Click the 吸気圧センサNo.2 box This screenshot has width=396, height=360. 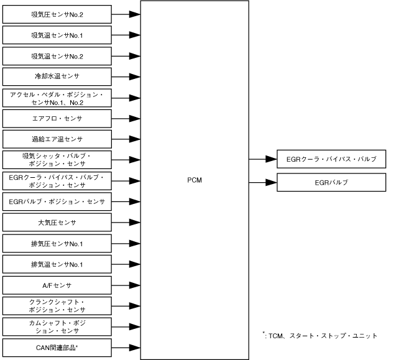57,13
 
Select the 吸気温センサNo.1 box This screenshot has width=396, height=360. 57,35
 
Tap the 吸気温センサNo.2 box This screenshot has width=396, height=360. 57,56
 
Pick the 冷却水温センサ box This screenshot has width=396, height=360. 57,76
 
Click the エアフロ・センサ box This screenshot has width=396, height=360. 57,118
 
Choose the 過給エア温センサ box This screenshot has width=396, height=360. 57,139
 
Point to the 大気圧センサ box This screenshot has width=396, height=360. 57,221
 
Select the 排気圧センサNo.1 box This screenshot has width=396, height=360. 57,242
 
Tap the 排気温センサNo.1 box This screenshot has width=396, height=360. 57,264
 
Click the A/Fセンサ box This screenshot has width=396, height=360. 57,285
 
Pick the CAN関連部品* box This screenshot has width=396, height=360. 57,347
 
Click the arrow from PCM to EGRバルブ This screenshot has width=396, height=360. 263,183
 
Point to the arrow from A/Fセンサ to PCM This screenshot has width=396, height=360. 126,285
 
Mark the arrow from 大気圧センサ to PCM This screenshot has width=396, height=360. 126,221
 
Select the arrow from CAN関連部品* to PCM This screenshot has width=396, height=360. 126,347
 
